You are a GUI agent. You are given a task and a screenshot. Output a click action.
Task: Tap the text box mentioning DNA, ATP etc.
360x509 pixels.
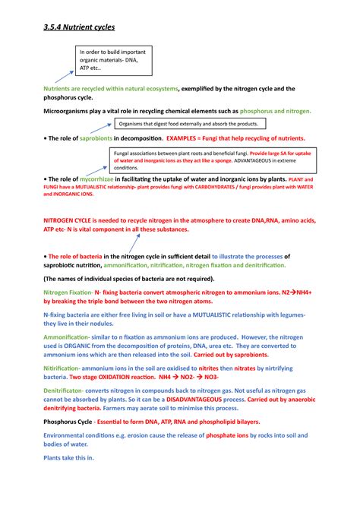click(109, 60)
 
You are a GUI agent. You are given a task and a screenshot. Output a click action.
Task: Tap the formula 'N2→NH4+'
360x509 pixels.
click(302, 292)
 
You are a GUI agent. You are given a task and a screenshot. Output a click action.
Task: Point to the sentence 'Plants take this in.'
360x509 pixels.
click(69, 458)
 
